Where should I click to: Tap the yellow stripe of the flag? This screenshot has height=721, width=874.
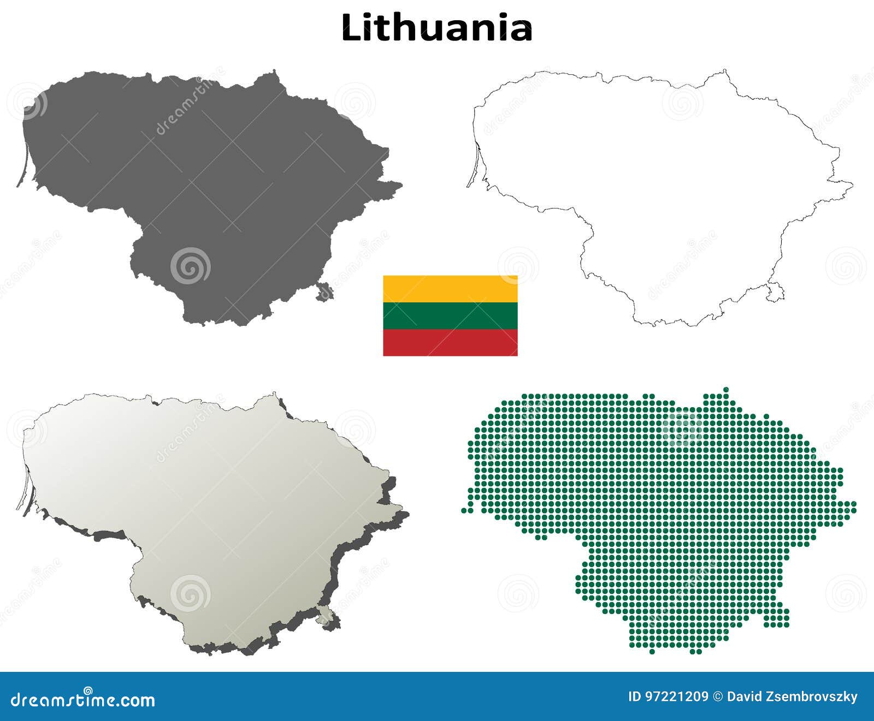(450, 289)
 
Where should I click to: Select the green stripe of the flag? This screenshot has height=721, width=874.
(450, 315)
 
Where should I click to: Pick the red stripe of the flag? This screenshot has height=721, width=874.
(450, 342)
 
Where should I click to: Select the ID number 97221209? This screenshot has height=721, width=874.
(677, 696)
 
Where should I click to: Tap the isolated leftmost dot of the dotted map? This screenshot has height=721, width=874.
(464, 510)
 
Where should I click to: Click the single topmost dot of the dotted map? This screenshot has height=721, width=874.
(726, 389)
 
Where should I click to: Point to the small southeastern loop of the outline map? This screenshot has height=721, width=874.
(775, 291)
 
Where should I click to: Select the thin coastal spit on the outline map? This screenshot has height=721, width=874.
(473, 166)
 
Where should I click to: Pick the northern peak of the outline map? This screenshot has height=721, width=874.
(725, 71)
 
